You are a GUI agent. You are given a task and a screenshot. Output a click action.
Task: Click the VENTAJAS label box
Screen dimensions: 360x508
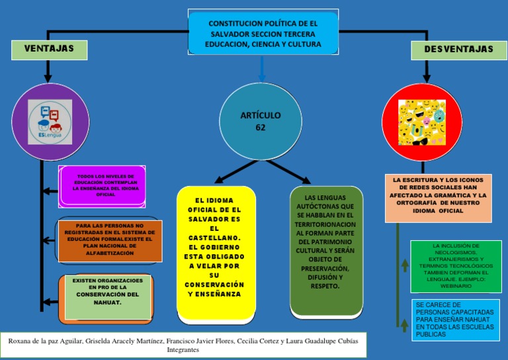[49, 49]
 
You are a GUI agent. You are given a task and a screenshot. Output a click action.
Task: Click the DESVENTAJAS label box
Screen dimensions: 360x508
[458, 50]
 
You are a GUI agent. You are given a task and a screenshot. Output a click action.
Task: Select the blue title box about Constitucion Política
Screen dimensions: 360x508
[263, 34]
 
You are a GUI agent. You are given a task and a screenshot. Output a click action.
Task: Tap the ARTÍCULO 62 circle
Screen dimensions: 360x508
[260, 121]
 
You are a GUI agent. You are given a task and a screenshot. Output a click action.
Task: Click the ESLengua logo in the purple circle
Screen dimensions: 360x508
[50, 122]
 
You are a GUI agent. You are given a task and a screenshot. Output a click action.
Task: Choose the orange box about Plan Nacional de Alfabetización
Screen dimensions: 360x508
[109, 239]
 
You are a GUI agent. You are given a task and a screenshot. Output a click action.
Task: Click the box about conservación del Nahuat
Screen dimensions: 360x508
[108, 294]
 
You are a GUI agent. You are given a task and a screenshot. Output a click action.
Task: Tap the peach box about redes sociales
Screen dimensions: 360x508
[438, 197]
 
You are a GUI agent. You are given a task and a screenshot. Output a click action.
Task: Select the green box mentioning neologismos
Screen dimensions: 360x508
[455, 267]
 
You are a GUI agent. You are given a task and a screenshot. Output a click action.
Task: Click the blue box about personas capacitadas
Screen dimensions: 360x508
[454, 320]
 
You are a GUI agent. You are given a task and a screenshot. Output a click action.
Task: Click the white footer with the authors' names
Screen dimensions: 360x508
[183, 345]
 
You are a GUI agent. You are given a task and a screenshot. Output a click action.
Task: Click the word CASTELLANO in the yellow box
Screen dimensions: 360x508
[214, 238]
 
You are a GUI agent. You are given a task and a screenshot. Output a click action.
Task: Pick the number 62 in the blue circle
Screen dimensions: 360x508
[261, 127]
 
